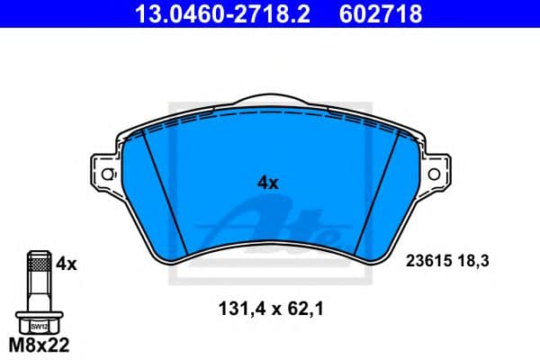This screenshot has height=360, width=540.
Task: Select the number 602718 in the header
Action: [380, 13]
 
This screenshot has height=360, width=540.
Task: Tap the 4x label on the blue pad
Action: [268, 182]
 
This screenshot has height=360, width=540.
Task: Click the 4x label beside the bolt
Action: [66, 265]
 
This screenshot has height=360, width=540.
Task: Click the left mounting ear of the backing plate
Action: [102, 173]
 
